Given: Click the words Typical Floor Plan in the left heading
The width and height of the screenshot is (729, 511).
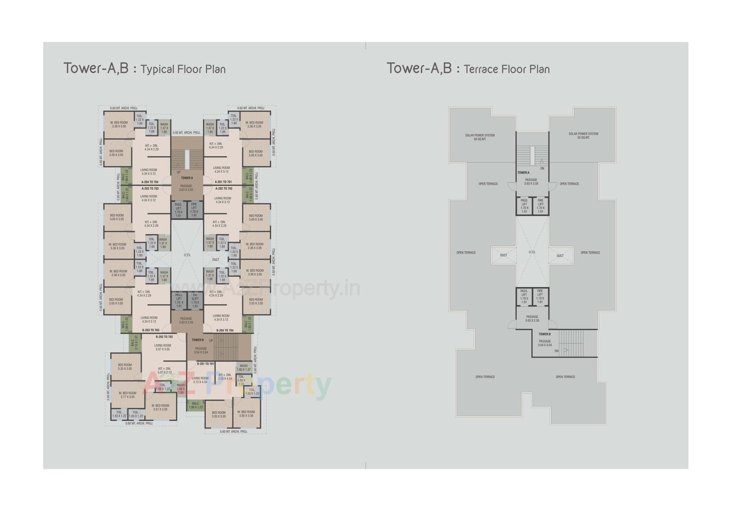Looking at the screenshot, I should click(x=183, y=70).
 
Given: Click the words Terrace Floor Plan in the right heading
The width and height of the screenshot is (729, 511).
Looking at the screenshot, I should click(x=507, y=70).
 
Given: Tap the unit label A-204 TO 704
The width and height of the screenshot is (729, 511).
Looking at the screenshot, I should click(x=150, y=182).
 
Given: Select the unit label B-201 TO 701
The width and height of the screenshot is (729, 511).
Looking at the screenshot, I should click(x=205, y=364).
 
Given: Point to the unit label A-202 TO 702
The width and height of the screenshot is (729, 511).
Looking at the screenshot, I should click(x=224, y=189).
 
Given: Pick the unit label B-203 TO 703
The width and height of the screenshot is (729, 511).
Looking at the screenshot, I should click(x=151, y=330).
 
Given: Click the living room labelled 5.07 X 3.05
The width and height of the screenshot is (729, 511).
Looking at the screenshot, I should click(x=162, y=347).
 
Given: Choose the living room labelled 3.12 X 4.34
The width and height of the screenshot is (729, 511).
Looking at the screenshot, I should click(x=200, y=380).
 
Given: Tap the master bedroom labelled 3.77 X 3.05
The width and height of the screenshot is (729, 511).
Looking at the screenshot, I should click(x=128, y=395).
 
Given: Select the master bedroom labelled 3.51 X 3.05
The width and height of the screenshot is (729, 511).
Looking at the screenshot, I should click(x=160, y=408).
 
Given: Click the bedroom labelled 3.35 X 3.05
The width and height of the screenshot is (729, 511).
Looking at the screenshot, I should click(x=125, y=367).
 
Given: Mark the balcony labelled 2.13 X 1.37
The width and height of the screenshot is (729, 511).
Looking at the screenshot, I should click(x=133, y=343).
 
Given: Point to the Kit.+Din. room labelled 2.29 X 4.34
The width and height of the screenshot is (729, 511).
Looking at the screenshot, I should click(x=225, y=377).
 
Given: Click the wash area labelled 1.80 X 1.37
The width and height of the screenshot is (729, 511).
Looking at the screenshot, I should click(x=243, y=368).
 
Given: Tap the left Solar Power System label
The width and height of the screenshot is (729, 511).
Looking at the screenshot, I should click(x=480, y=137).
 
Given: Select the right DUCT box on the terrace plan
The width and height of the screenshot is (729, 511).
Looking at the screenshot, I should click(x=560, y=255).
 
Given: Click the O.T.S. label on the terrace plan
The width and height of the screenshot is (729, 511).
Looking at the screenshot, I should click(x=532, y=252).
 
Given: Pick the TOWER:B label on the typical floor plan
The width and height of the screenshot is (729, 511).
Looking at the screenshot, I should click(x=198, y=340).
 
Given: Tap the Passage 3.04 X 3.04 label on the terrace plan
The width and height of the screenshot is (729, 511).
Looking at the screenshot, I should click(x=545, y=343).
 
